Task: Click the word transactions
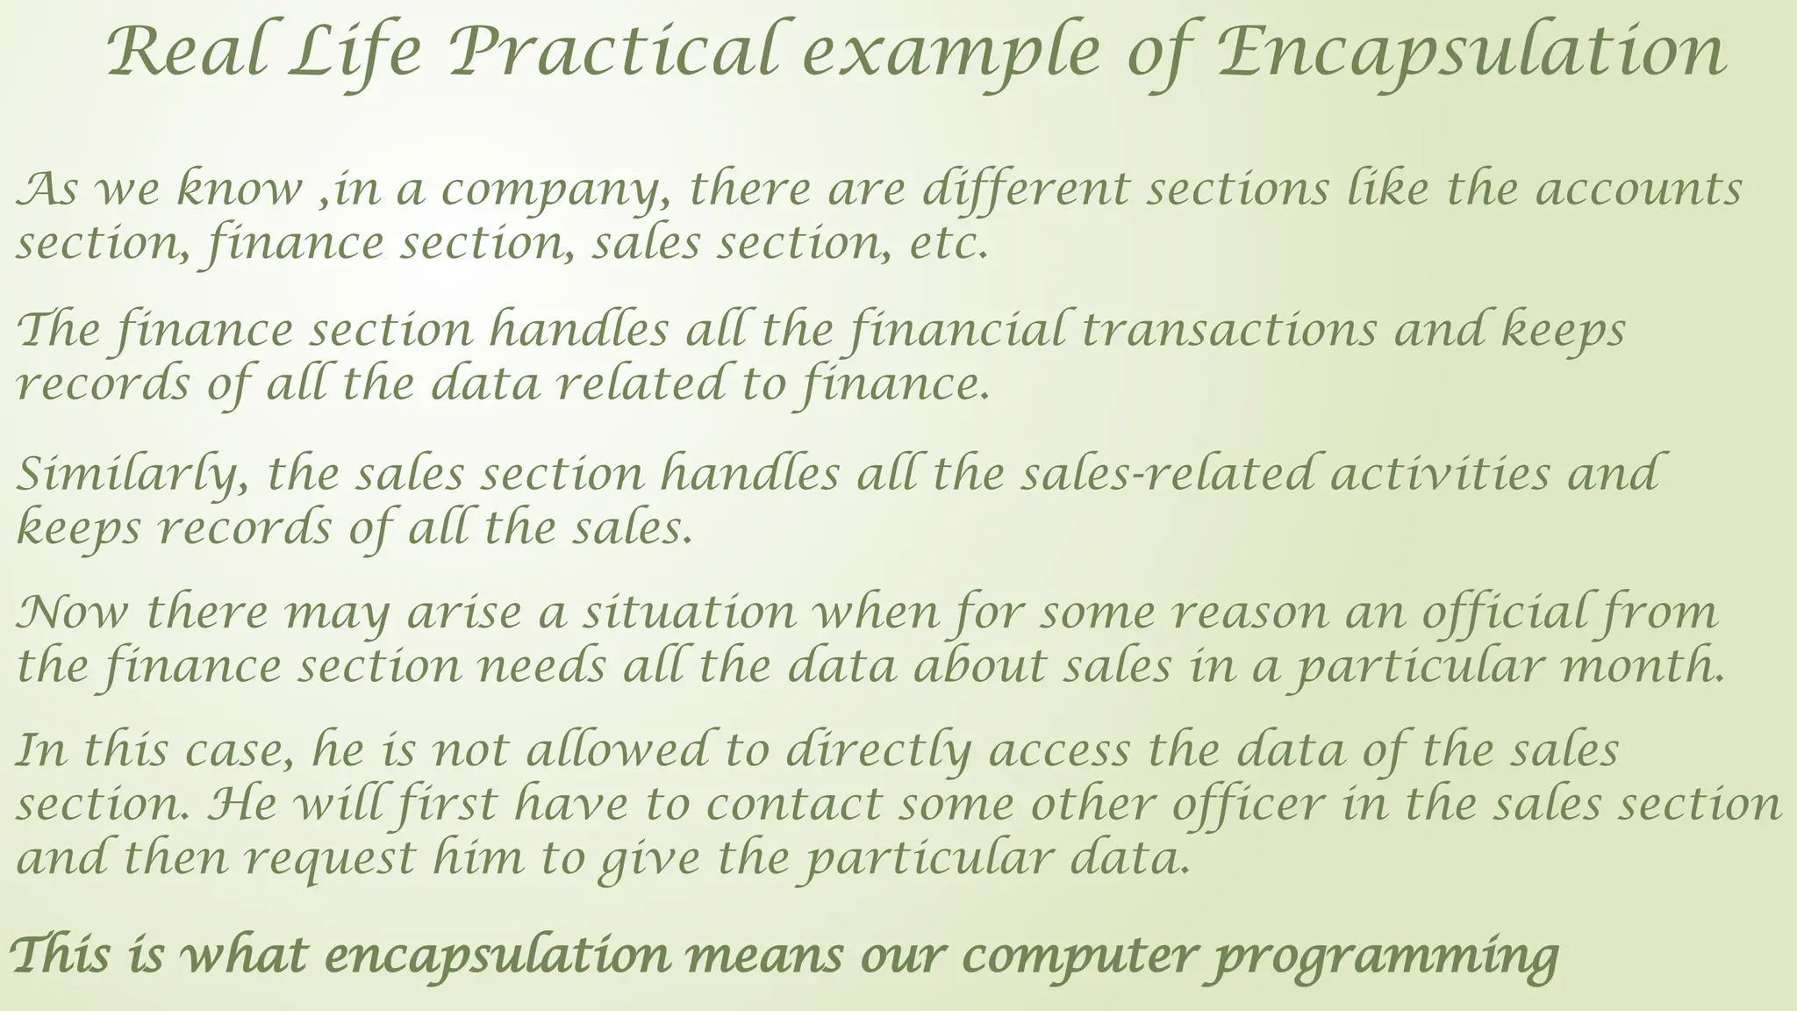(x=1228, y=332)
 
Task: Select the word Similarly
(x=131, y=475)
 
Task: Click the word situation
(x=690, y=613)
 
